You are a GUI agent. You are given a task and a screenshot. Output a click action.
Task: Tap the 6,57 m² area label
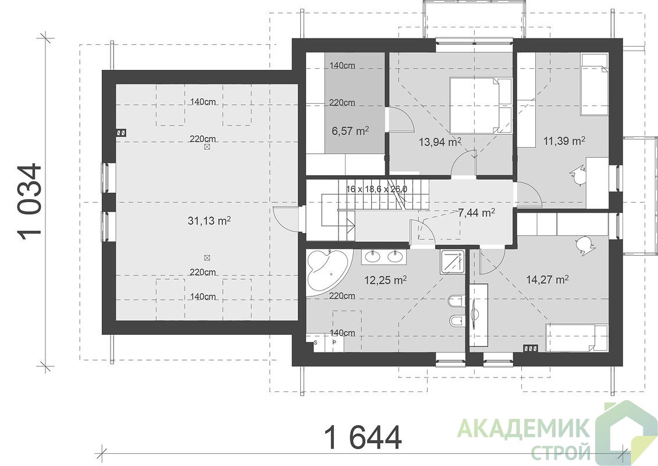[350, 131]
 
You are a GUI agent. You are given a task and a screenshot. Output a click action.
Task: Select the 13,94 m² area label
[440, 142]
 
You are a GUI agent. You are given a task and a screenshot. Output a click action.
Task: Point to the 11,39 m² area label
[564, 141]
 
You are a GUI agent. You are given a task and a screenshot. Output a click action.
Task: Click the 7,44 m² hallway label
[476, 213]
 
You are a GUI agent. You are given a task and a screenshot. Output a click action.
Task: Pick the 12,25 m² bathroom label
[385, 280]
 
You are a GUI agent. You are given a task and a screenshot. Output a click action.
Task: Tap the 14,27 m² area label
[547, 280]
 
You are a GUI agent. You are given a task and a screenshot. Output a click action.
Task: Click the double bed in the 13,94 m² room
[481, 105]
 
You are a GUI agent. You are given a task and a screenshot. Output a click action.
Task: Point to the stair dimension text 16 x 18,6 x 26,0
[376, 189]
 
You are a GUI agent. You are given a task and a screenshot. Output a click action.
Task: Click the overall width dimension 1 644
[363, 437]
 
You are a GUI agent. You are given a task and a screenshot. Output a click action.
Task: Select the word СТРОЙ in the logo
[561, 453]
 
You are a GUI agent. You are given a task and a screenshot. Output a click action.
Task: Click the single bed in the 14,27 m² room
[577, 338]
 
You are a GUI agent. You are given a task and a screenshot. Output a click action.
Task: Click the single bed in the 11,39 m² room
[594, 84]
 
